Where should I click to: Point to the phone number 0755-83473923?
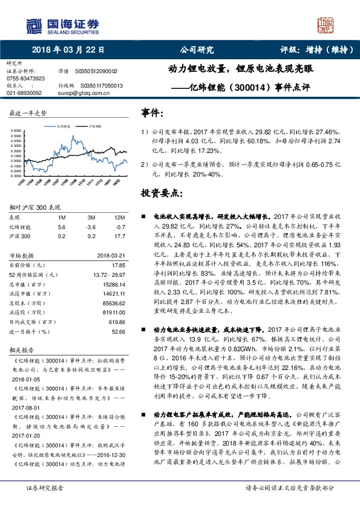click(x=25, y=79)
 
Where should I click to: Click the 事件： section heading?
click(x=152, y=113)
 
